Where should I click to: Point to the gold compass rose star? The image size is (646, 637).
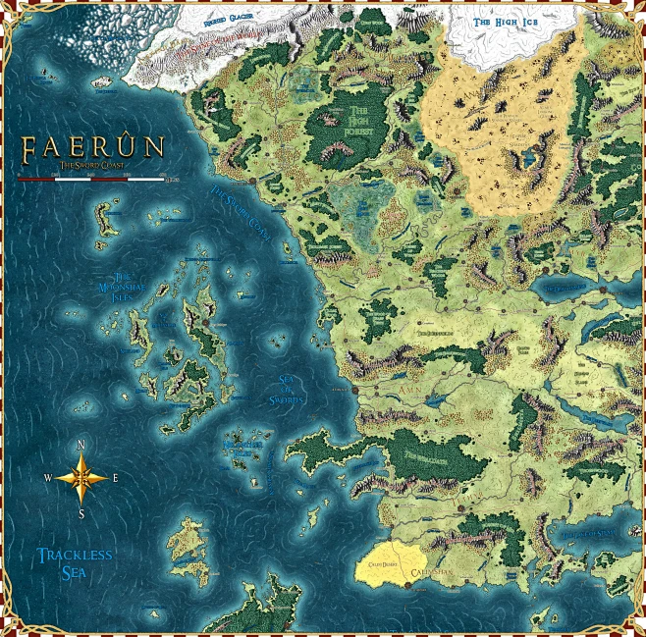82,478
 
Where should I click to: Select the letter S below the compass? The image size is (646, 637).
82,513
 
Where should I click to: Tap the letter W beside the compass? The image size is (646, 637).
47,479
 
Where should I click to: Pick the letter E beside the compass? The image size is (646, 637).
116,479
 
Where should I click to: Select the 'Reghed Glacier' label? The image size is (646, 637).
229,19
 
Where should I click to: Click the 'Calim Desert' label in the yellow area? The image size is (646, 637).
383,566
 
